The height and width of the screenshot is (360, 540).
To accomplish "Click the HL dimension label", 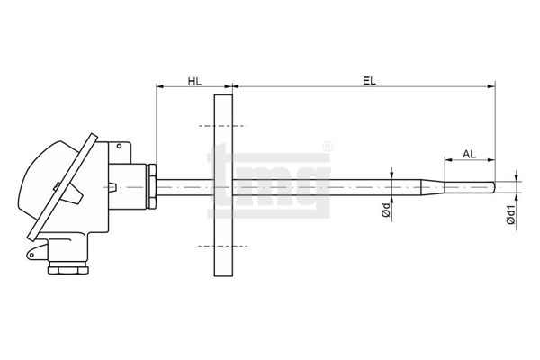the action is point(194,82).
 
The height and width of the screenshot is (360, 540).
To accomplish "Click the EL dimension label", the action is point(370,81).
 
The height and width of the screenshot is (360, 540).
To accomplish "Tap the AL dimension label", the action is point(469,154).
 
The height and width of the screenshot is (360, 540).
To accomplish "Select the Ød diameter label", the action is point(386,210).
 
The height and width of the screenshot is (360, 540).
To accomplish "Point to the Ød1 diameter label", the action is point(511,215).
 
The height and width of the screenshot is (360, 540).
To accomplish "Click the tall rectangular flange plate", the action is point(223,185).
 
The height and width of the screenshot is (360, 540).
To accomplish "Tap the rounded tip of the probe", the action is point(494,187).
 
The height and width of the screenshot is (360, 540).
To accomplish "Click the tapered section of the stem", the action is point(434,187).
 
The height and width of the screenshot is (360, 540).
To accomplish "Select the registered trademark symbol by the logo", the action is point(328,147).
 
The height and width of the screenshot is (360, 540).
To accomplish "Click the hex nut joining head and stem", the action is point(152,186).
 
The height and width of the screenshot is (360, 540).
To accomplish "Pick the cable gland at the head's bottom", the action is point(67,268).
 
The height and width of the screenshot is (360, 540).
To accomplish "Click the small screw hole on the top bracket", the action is point(119,146).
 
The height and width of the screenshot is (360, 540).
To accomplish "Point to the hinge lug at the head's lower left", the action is point(37,251).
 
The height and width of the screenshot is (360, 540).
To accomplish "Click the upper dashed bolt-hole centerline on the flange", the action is point(223,126).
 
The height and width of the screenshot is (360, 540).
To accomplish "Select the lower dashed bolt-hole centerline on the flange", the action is point(223,246).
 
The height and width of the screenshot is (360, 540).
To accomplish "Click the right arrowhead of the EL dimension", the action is point(491,86).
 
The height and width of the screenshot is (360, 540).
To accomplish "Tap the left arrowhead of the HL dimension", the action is point(160,86).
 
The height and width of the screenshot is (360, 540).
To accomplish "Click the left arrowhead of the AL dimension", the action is point(449,159).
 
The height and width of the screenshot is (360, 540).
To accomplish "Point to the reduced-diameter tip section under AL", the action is point(470,187).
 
